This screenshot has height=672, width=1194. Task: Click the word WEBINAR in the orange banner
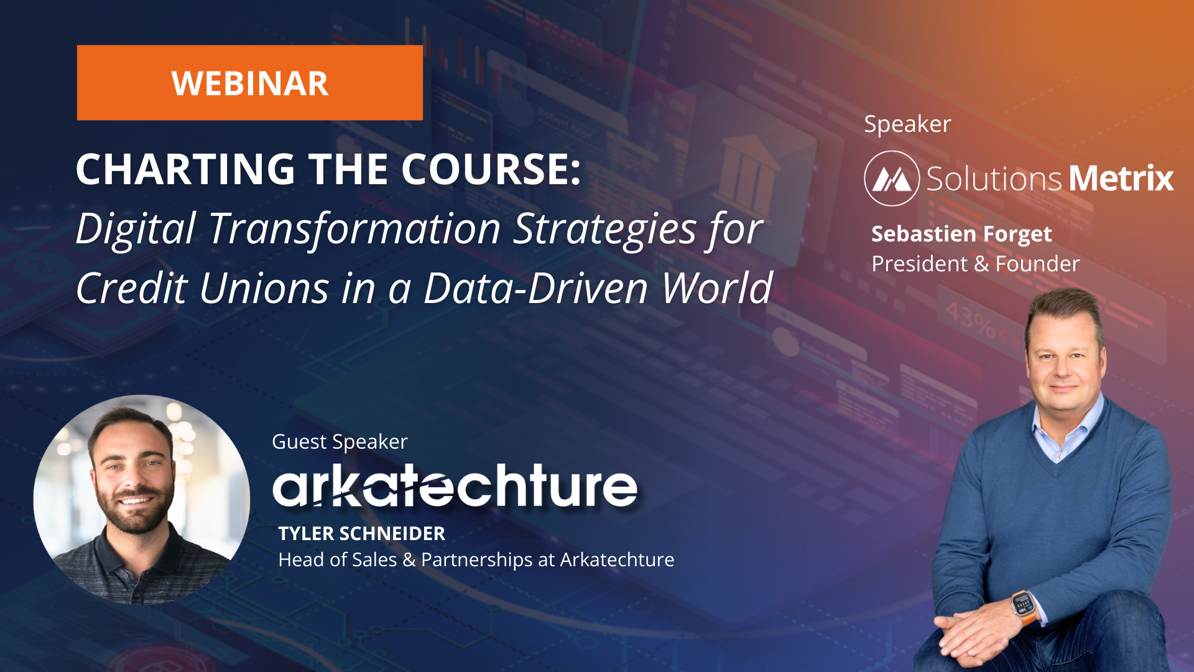click(249, 83)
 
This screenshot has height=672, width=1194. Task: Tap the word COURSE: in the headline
click(491, 169)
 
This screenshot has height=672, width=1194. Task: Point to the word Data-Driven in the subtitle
click(535, 288)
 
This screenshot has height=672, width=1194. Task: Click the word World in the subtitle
click(716, 288)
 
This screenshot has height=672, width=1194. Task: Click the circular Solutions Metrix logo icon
click(891, 179)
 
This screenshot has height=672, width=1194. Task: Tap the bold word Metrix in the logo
click(1121, 179)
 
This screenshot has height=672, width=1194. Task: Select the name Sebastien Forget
click(961, 234)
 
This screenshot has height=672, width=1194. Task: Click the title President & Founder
click(975, 264)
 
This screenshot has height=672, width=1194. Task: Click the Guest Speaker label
click(340, 442)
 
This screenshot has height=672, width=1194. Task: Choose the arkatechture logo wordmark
click(455, 486)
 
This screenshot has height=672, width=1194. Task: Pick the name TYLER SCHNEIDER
click(361, 534)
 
